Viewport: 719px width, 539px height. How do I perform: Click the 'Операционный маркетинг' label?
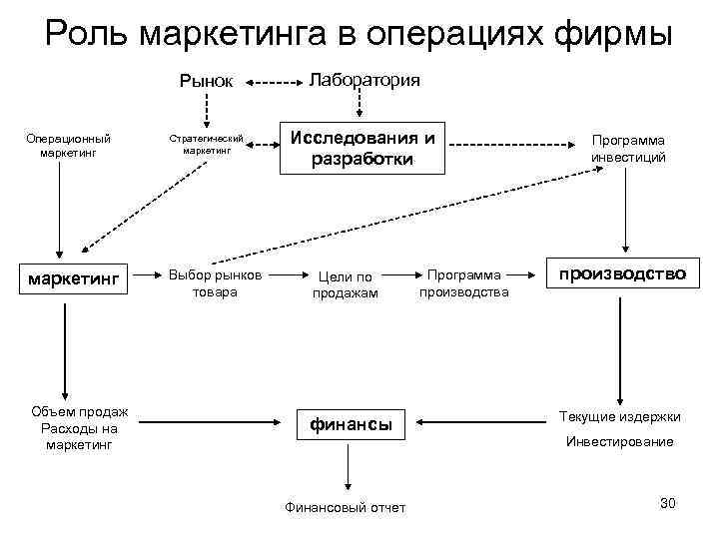point(69,146)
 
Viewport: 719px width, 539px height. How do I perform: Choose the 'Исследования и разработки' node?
point(361,148)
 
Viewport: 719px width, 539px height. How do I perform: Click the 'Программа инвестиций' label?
point(628,149)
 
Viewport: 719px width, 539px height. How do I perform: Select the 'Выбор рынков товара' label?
point(214,283)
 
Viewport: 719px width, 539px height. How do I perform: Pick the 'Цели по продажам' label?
point(345,284)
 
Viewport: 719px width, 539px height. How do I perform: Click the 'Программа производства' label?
point(463,282)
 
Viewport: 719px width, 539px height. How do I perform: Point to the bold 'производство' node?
point(622,273)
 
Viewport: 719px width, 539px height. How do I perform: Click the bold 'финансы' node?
point(349,425)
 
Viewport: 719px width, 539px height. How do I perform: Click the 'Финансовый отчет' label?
point(346,507)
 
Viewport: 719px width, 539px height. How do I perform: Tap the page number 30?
point(668,502)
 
